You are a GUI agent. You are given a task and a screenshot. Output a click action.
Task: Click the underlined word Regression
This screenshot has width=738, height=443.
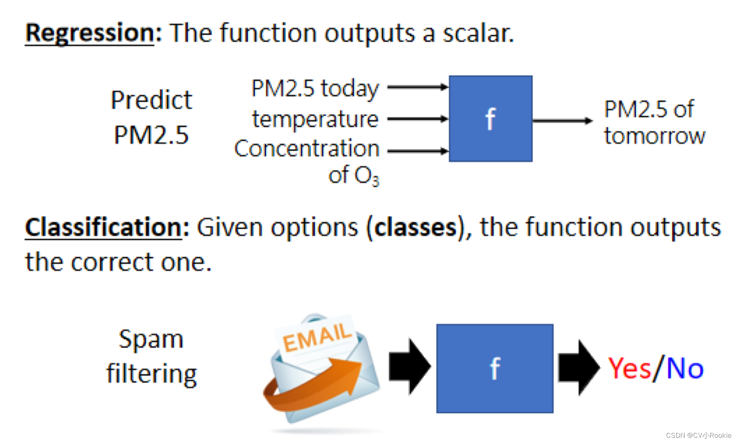click(90, 34)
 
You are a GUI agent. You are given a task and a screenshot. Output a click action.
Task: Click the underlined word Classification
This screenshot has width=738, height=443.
click(103, 227)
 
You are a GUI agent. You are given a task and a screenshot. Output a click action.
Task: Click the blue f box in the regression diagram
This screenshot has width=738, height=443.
click(490, 119)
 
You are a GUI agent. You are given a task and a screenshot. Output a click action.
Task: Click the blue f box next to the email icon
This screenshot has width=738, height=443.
click(495, 368)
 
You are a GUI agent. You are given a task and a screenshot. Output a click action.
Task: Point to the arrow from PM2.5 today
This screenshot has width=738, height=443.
click(418, 87)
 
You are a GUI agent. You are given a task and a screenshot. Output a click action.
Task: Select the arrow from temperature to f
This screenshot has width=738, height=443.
click(418, 119)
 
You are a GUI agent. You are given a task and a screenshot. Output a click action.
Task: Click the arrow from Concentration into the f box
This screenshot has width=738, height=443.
click(418, 151)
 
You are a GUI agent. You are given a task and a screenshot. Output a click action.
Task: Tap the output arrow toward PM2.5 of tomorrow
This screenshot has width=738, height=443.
click(563, 121)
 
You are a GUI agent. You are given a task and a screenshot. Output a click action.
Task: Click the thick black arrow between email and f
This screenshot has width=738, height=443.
click(410, 366)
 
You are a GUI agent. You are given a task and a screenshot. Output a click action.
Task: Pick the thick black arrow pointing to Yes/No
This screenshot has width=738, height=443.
click(579, 368)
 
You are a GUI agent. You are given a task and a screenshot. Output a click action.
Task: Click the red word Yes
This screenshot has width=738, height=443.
click(629, 368)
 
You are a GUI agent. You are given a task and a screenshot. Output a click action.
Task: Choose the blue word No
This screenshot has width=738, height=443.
click(685, 368)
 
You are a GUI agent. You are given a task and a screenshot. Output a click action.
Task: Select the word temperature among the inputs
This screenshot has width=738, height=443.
click(315, 119)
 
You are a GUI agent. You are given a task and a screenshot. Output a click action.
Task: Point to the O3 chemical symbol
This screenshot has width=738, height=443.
click(366, 175)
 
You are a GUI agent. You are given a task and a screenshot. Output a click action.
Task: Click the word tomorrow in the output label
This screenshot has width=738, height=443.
click(654, 136)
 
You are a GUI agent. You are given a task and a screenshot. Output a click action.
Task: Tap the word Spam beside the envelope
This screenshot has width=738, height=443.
click(151, 340)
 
